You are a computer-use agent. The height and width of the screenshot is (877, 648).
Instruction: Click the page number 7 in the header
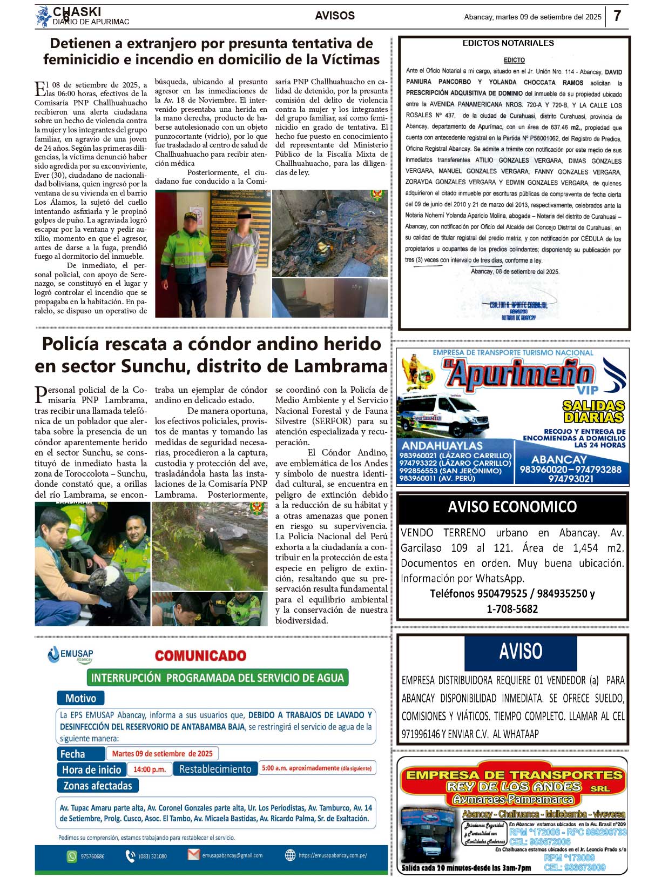click(617, 16)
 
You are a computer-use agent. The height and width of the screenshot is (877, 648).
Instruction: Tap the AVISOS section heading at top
click(335, 16)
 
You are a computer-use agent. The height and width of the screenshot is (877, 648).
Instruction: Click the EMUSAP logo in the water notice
click(70, 655)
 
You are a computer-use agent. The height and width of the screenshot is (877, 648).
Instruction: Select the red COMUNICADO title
click(200, 655)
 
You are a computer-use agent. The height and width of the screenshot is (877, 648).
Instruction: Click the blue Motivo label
click(80, 698)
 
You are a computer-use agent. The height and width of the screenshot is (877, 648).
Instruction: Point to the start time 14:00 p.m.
click(150, 769)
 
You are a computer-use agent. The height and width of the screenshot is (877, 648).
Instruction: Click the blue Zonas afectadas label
click(98, 786)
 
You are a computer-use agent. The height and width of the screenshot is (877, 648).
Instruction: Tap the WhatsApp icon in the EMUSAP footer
click(72, 856)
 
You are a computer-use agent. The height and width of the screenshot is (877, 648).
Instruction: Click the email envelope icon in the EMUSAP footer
click(193, 855)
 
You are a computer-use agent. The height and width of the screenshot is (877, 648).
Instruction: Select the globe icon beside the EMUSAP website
click(291, 855)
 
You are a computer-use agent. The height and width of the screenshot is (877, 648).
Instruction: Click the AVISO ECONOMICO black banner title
click(512, 507)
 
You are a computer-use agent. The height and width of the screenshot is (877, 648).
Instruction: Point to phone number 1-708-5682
click(512, 609)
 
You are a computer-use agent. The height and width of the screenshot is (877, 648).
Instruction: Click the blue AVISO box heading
click(521, 652)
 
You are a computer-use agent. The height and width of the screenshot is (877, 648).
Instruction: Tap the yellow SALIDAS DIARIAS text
click(593, 411)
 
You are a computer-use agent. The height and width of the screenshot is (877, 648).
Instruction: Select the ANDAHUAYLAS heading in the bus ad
click(442, 445)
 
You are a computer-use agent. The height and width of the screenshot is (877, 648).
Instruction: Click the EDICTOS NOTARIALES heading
click(508, 43)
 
